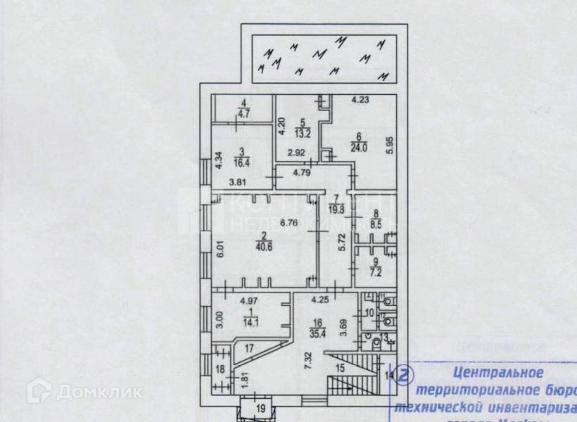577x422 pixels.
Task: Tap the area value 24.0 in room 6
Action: (360, 148)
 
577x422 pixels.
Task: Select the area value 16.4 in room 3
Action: (243, 161)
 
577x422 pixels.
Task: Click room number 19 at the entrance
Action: (260, 409)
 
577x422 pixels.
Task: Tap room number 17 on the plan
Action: (248, 347)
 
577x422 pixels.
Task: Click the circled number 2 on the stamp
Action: (404, 375)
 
